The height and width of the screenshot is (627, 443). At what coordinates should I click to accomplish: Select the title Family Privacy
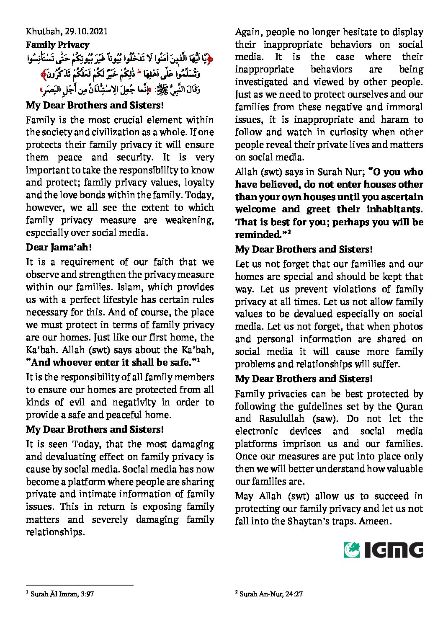(57, 45)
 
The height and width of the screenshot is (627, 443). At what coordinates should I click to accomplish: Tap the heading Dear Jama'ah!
(59, 247)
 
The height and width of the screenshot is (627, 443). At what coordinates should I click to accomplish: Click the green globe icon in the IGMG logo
(352, 550)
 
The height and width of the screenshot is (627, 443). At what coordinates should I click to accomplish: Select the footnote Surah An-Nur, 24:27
(271, 593)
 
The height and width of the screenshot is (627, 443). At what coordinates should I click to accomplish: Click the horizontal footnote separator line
(80, 585)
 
